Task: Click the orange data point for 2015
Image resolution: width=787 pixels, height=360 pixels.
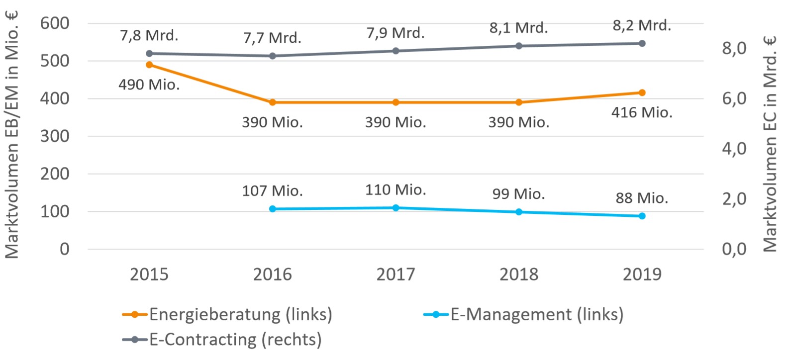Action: pos(149,65)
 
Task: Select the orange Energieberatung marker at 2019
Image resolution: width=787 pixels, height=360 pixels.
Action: pos(642,92)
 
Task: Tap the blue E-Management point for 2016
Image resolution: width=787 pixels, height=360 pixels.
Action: pos(273,209)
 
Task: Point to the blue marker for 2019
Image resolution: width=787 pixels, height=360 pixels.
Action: pos(642,216)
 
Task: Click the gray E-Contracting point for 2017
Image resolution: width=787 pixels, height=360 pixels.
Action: pos(395,51)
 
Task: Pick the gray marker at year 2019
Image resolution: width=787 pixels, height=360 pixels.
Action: pos(642,43)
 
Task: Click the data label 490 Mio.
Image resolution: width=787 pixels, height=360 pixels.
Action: pos(149,85)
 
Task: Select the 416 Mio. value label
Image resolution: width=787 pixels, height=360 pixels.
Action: pos(642,113)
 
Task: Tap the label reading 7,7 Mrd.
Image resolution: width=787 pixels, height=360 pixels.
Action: pos(272,38)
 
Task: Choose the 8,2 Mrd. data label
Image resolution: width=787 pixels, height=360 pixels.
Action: pos(642,25)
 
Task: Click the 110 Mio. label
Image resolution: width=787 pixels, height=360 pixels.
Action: pos(395,190)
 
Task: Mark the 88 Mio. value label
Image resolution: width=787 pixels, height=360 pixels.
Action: pos(642,198)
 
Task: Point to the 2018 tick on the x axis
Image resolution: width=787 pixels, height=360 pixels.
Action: pos(519,274)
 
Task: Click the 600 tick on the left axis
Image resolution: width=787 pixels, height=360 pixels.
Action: pos(55,23)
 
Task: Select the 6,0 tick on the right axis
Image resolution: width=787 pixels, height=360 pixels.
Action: pos(734,98)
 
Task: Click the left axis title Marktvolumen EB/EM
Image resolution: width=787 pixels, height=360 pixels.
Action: pos(12,134)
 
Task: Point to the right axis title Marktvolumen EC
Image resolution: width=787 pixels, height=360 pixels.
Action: pos(770,144)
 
